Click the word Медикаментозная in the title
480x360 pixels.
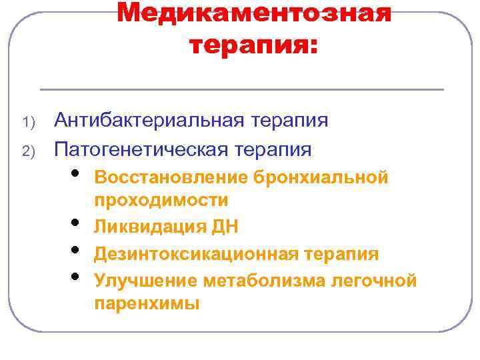254,13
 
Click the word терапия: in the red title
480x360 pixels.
254,45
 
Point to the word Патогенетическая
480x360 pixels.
143,149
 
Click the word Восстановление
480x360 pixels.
171,177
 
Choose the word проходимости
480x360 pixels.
161,200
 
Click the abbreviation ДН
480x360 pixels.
226,227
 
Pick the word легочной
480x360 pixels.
377,281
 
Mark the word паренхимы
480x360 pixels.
147,304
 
